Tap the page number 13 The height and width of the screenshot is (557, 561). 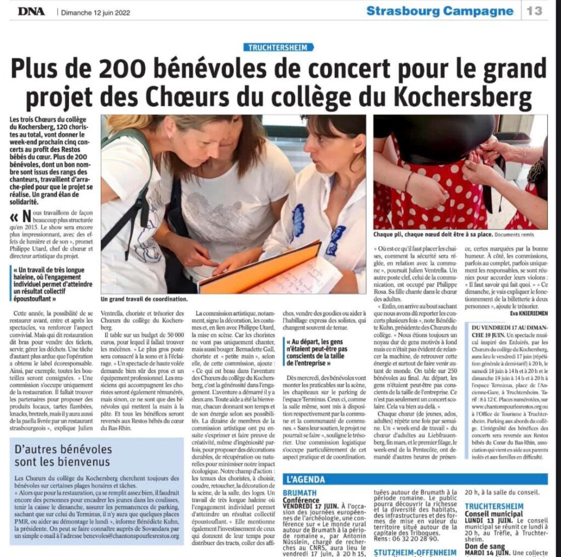pos(535,10)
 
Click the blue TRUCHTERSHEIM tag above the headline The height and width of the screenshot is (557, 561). pos(279,47)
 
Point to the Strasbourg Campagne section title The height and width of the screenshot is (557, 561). pos(440,10)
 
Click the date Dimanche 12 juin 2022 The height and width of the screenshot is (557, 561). pos(95,12)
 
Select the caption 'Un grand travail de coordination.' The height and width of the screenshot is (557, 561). pos(144,299)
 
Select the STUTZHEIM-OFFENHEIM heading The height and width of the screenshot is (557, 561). pos(415,552)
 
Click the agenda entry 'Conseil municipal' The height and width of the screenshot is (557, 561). pos(494,514)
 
